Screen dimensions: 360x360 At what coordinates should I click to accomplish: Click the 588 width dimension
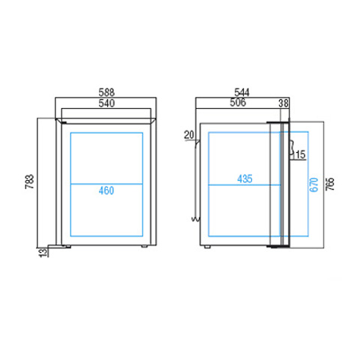(x=106, y=92)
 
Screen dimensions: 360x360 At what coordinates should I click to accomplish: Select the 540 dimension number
(x=106, y=103)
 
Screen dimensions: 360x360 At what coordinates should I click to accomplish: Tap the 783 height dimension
(x=29, y=181)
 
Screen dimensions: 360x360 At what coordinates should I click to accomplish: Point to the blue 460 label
(x=106, y=190)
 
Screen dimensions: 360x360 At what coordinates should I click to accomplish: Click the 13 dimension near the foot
(x=43, y=253)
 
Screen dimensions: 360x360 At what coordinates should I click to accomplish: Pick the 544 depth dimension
(x=241, y=92)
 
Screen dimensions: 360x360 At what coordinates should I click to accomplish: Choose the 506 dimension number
(x=238, y=102)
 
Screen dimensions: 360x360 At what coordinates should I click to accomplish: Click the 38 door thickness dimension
(x=283, y=103)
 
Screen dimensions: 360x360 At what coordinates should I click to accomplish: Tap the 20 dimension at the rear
(x=189, y=135)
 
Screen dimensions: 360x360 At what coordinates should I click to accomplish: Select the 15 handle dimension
(x=301, y=154)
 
